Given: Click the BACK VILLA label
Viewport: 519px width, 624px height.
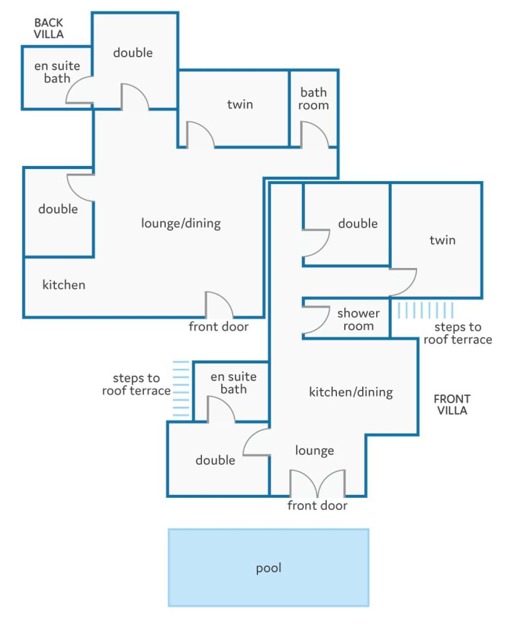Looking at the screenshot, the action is click(48, 28).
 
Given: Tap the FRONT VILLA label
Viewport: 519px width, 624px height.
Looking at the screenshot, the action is click(452, 404).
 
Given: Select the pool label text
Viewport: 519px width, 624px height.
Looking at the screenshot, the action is click(269, 568).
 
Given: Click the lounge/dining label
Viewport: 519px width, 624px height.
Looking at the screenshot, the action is click(181, 223).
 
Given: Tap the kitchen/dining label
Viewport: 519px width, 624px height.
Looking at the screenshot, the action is click(351, 392).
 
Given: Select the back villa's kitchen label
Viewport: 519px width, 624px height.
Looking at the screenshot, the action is click(64, 284).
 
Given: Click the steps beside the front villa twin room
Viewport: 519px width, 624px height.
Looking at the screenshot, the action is click(425, 310).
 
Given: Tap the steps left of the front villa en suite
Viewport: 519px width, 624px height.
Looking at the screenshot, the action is click(181, 389).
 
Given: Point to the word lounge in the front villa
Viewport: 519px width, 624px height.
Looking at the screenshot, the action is click(314, 450).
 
